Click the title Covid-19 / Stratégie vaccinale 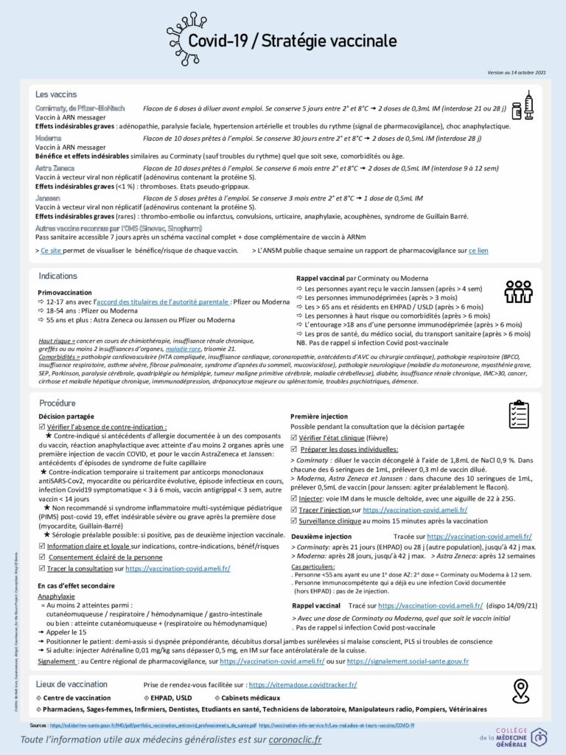pos(292,41)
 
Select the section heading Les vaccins pos(56,94)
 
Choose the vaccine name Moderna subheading pos(48,138)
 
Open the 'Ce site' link pos(50,251)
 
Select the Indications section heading pos(57,276)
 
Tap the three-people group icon pos(518,292)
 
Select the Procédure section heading pos(57,403)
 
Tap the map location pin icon pos(521,690)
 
